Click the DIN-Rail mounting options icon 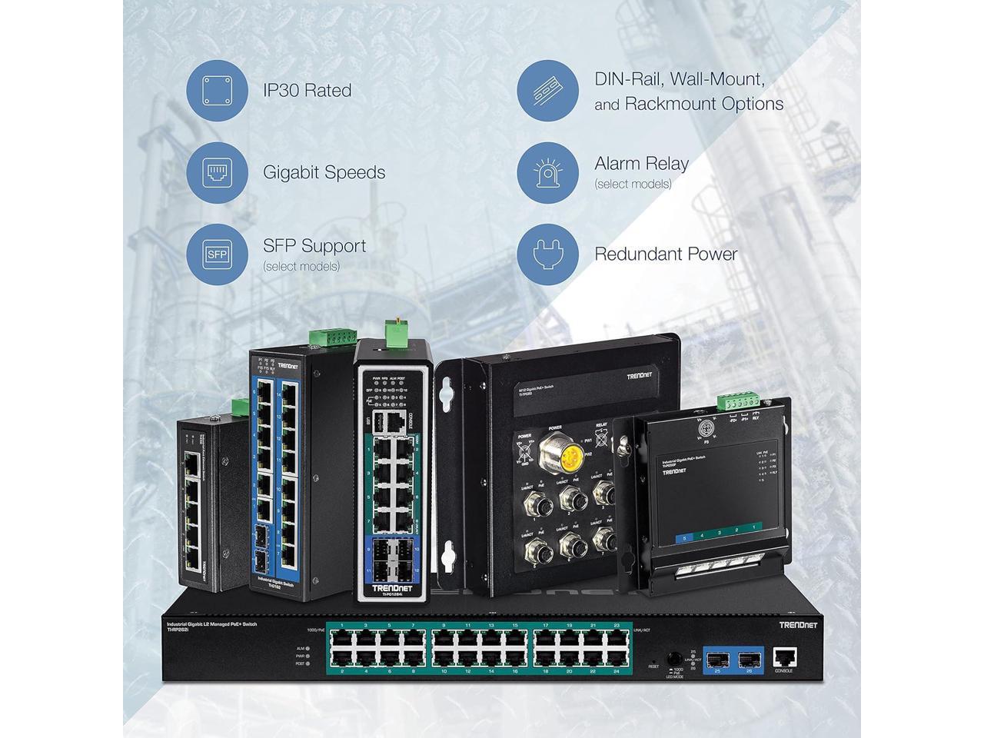(x=547, y=90)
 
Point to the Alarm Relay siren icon (x=547, y=172)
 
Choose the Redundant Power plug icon (x=547, y=254)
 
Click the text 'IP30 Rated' (x=307, y=91)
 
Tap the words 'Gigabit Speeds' (x=324, y=172)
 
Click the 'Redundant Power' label (x=666, y=254)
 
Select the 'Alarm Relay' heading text (x=641, y=164)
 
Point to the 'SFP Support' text (x=314, y=246)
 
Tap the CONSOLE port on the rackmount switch (x=784, y=657)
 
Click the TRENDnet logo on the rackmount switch (x=799, y=625)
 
